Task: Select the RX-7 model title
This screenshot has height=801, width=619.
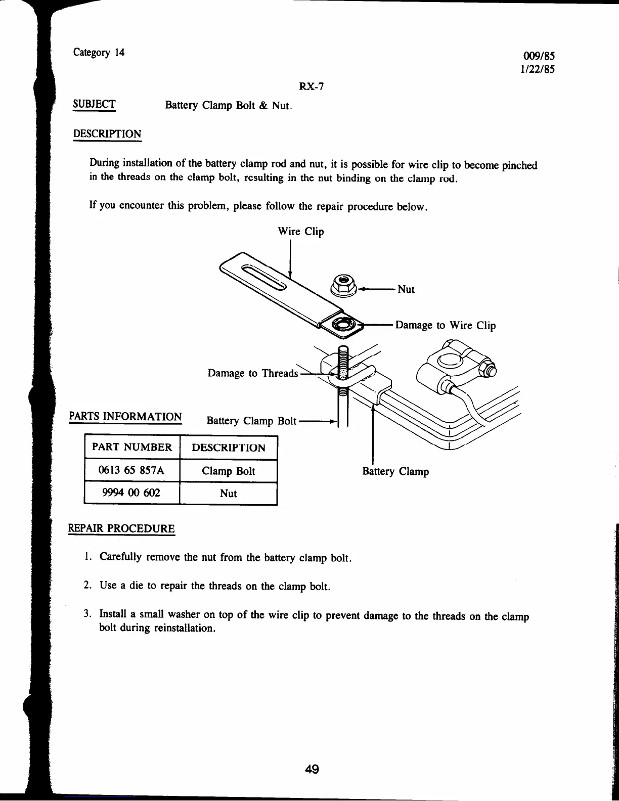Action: [311, 86]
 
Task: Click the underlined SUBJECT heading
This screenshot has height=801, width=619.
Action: [95, 104]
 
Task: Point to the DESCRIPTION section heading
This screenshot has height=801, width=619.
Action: [107, 134]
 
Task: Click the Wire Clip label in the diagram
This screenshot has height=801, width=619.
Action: [301, 232]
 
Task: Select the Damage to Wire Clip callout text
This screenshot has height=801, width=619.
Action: [445, 325]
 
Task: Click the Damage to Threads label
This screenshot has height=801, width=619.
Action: [253, 373]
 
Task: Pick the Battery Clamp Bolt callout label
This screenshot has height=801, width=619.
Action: [251, 421]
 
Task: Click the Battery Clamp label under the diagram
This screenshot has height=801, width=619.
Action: [395, 471]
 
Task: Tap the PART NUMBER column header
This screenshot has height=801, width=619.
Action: [131, 447]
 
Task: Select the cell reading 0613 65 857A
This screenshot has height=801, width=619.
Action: [131, 470]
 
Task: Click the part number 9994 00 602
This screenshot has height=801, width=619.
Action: [131, 493]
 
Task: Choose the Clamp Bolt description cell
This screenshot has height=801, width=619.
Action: [228, 471]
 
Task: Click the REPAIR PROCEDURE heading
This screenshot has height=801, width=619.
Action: [121, 529]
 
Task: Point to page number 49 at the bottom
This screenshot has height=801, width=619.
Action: [312, 769]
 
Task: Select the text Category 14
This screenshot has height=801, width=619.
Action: [99, 52]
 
